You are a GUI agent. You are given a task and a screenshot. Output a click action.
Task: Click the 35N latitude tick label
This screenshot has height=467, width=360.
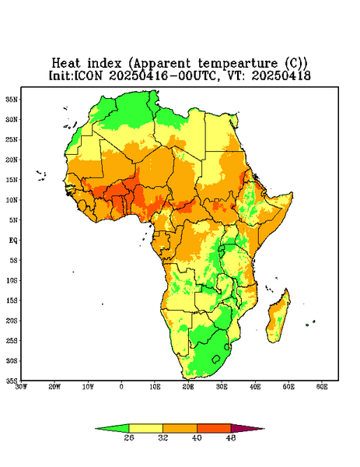pyautogui.click(x=12, y=99)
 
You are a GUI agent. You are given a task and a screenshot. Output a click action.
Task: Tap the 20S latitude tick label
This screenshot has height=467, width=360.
pyautogui.click(x=12, y=321)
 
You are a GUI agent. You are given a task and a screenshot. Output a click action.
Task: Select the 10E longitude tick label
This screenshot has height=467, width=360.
pyautogui.click(x=155, y=387)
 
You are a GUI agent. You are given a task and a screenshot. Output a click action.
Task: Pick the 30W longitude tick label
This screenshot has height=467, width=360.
pyautogui.click(x=21, y=387)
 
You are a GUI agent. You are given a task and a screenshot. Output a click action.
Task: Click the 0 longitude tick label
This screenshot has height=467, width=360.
pyautogui.click(x=121, y=387)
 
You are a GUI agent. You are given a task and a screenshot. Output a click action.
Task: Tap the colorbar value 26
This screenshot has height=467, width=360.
pyautogui.click(x=129, y=437)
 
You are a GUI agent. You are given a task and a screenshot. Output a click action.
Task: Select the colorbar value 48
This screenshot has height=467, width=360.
pyautogui.click(x=231, y=437)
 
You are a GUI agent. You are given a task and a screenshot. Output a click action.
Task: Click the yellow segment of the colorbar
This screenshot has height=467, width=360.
pyautogui.click(x=145, y=428)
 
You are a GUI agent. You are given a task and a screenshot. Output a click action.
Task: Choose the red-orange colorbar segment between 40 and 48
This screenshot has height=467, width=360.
pyautogui.click(x=214, y=428)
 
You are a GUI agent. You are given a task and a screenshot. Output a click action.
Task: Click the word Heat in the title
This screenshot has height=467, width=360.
pyautogui.click(x=66, y=64)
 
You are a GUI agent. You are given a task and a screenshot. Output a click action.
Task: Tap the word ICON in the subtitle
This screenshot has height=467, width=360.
pyautogui.click(x=88, y=75)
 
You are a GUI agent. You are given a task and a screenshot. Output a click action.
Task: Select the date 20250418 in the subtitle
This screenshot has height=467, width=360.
pyautogui.click(x=281, y=75)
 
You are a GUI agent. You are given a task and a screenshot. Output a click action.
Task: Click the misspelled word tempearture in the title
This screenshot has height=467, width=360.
pyautogui.click(x=239, y=64)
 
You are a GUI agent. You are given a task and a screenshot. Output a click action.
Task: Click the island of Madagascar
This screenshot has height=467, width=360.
pyautogui.click(x=278, y=318)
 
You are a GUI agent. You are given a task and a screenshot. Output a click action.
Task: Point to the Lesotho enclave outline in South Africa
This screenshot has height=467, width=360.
pyautogui.click(x=216, y=359)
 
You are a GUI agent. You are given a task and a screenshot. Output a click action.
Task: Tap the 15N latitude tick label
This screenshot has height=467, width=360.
pyautogui.click(x=12, y=180)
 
